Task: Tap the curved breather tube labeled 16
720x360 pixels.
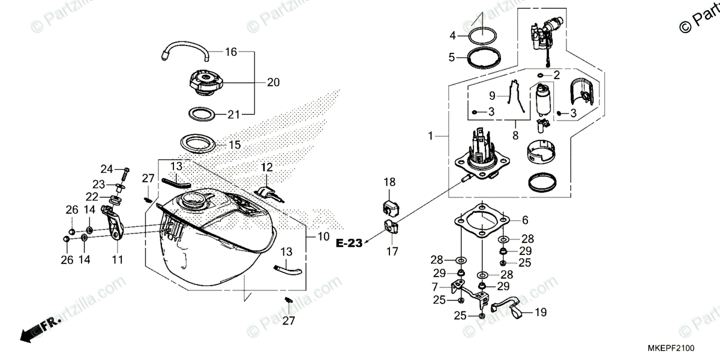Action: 187,50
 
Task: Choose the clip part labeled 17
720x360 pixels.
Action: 391,227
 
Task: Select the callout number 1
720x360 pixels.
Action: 430,137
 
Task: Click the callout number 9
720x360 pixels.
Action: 491,95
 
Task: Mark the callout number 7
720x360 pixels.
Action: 436,287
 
